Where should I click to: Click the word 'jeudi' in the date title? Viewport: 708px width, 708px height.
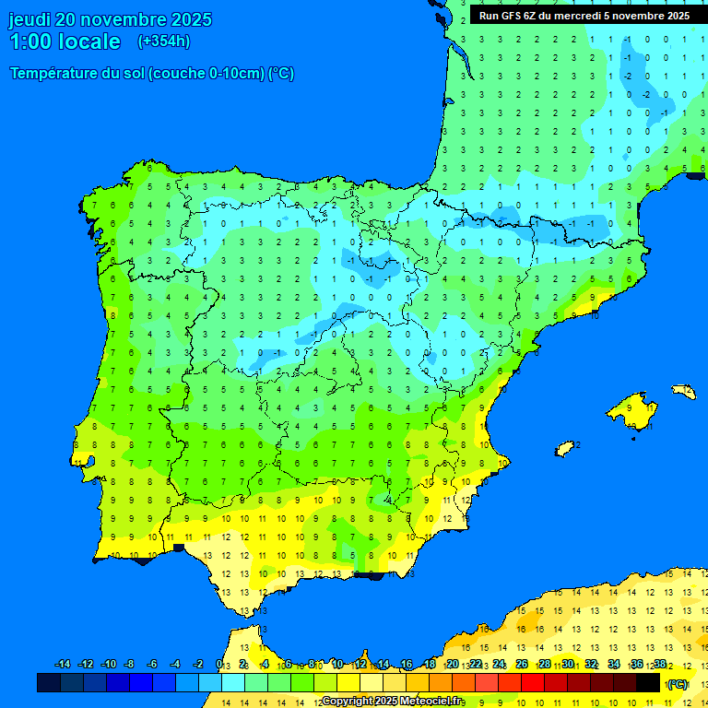(29, 19)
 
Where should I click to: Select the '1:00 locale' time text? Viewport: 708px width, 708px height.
(65, 41)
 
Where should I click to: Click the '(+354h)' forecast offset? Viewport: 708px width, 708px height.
(164, 41)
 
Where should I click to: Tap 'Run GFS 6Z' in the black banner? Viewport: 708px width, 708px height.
(508, 16)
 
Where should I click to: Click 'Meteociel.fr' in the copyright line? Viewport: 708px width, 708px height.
(428, 702)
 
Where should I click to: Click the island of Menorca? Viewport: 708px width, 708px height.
(683, 392)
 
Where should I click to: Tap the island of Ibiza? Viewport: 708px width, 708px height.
(565, 448)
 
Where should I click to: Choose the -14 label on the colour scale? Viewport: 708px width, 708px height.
(63, 665)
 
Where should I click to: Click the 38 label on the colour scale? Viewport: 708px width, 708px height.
(659, 665)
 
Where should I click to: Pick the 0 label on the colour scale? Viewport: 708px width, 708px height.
(219, 665)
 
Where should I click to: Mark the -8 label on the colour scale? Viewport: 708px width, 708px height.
(130, 665)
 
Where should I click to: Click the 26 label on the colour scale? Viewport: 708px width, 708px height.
(522, 665)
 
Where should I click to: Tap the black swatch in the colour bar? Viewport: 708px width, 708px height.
(648, 683)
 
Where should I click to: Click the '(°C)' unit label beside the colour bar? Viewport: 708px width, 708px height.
(677, 684)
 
